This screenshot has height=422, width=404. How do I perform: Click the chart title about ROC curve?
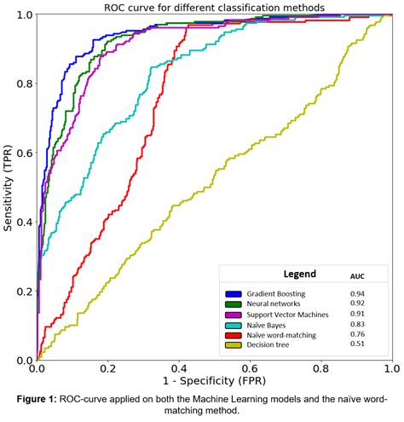click(214, 7)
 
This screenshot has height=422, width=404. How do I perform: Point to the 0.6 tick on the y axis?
click(25, 153)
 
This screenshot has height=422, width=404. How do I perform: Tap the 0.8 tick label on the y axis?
click(25, 84)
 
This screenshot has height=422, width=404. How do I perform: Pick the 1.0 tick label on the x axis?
click(391, 367)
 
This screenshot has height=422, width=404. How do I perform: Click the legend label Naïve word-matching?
click(282, 335)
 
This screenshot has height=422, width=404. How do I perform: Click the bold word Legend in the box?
click(299, 275)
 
